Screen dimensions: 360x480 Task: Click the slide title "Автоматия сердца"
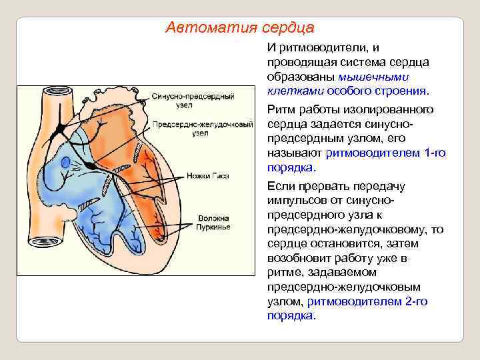(239, 28)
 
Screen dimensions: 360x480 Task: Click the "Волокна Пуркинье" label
(213, 223)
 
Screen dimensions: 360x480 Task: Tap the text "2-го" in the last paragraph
(416, 301)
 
